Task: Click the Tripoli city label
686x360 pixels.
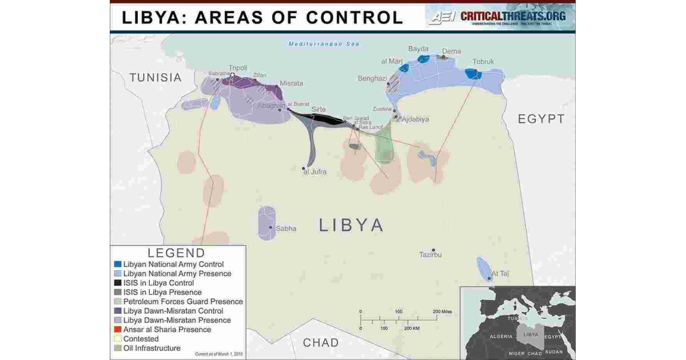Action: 238,67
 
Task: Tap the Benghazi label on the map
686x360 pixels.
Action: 373,78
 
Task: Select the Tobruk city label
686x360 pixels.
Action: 483,62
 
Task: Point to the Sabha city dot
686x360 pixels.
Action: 270,227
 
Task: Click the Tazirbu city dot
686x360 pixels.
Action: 433,250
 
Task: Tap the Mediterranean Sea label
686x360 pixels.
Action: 324,44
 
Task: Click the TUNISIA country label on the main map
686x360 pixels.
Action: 155,78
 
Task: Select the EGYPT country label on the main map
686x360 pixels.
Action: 541,119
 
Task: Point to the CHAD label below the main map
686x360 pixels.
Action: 321,343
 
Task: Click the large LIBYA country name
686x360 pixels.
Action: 351,225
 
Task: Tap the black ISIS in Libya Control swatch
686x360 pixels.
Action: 118,283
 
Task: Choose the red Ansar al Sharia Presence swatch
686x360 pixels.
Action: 118,329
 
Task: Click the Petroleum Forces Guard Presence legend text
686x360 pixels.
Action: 183,302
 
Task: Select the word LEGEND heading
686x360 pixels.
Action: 176,253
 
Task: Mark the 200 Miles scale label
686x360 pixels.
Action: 442,311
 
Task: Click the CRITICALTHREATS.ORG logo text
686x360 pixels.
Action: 513,16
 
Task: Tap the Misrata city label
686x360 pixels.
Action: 291,83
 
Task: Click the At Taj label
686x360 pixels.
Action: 500,274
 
